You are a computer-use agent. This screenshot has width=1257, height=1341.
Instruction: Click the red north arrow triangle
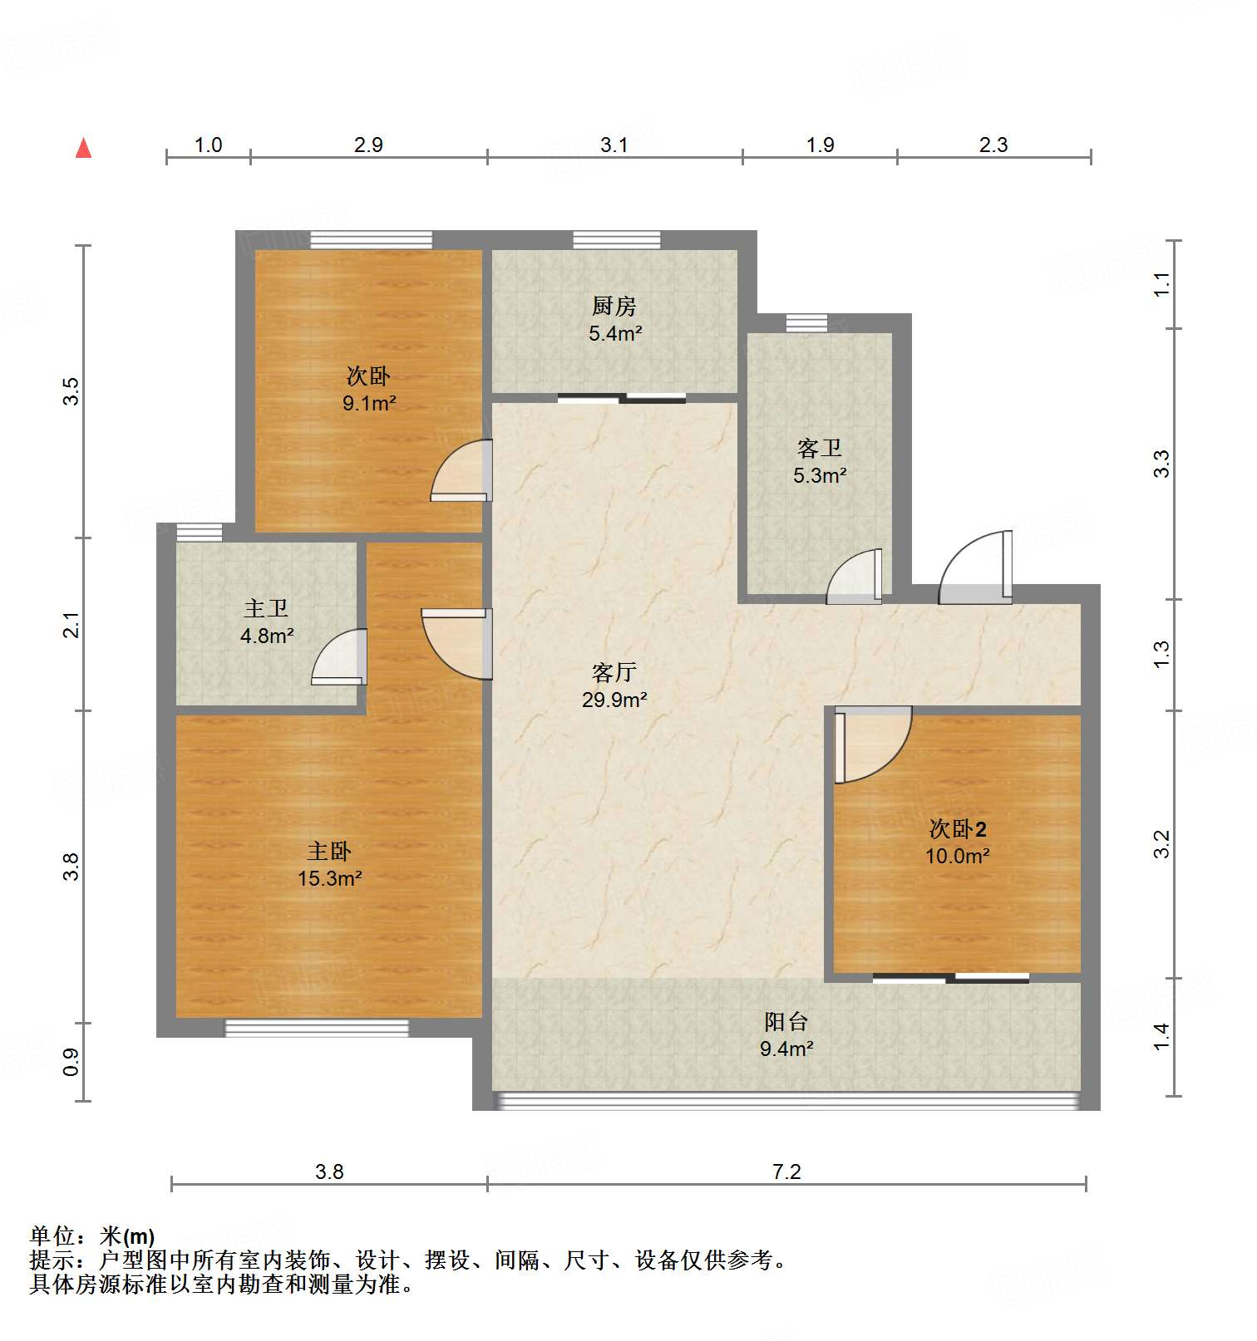(83, 148)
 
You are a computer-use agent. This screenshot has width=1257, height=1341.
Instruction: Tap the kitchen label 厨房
(614, 307)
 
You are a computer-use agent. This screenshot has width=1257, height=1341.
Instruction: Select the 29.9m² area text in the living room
(614, 700)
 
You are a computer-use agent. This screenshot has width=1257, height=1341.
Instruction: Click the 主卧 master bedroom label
(329, 851)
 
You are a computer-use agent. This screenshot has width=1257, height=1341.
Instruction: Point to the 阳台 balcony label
(786, 1021)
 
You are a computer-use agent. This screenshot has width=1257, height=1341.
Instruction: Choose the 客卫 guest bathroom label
(819, 449)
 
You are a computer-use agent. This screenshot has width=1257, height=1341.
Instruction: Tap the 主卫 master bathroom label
(266, 608)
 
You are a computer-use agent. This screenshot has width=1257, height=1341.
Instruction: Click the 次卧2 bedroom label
(957, 828)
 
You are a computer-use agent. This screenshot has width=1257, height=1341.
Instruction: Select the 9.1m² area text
(369, 404)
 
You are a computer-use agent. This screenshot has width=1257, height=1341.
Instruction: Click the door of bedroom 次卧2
(871, 744)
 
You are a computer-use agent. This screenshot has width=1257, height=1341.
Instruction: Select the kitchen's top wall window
(616, 240)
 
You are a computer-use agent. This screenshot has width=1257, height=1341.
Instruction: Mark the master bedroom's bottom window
(317, 1028)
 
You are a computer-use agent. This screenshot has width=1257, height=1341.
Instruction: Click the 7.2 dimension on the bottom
(786, 1172)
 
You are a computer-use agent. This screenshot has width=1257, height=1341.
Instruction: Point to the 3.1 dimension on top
(614, 145)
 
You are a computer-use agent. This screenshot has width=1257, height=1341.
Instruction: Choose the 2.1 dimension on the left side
(72, 625)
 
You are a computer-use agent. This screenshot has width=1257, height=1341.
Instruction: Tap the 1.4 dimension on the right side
(1161, 1036)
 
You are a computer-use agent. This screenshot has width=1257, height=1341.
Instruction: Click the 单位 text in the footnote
(52, 1236)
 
